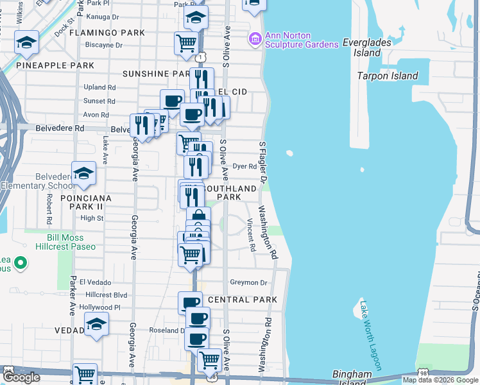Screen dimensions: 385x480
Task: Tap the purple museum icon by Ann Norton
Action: tap(255, 40)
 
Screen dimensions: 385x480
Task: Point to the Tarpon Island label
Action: tap(388, 76)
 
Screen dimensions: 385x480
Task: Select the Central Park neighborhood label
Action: tap(243, 300)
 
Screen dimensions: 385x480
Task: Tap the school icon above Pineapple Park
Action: tap(26, 42)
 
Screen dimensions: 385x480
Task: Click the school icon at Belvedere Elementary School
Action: tap(83, 172)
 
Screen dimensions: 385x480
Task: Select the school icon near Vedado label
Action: tap(96, 324)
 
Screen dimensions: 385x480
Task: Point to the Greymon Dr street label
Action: tap(248, 282)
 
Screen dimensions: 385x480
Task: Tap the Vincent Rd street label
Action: tap(252, 235)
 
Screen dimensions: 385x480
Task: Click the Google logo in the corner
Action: tap(21, 377)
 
